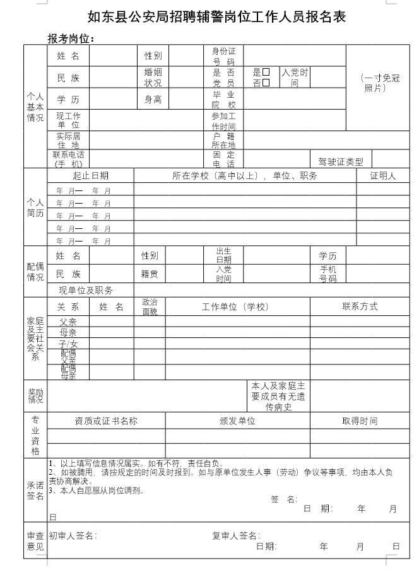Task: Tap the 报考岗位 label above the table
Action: coord(71,39)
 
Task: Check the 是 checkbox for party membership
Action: coord(266,72)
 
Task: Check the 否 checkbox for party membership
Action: coord(266,83)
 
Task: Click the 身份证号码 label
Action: coord(223,56)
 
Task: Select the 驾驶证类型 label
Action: coord(341,162)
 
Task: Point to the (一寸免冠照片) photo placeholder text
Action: coord(381,83)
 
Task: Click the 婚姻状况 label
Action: coord(153,78)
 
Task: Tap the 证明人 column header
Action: coord(382,176)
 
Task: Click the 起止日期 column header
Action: coord(90,176)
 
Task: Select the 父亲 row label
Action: coord(68,322)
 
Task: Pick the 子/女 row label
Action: coord(68,344)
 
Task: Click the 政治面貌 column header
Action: coord(150,306)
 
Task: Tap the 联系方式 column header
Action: coord(360,306)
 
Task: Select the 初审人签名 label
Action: coord(73,535)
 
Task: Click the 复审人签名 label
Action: coord(236,535)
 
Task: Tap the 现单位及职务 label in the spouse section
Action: coord(86,290)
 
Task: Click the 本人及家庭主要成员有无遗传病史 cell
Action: coord(278,396)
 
